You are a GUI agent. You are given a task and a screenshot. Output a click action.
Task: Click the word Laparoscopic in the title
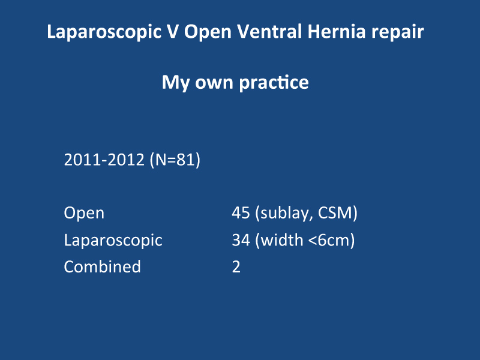pyautogui.click(x=104, y=32)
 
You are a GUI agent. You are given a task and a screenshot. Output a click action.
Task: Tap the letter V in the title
pyautogui.click(x=172, y=31)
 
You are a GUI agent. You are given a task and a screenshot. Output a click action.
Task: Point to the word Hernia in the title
pyautogui.click(x=337, y=31)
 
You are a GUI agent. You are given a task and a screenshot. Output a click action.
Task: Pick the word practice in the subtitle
pyautogui.click(x=274, y=83)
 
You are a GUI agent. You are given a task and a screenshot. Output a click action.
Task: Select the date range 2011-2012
pyautogui.click(x=104, y=160)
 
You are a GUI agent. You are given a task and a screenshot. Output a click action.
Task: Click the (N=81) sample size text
pyautogui.click(x=175, y=160)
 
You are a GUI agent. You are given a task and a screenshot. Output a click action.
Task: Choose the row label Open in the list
pyautogui.click(x=84, y=214)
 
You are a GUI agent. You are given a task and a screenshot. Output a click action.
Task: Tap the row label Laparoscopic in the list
pyautogui.click(x=113, y=241)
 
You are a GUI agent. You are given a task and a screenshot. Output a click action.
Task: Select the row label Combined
pyautogui.click(x=102, y=266)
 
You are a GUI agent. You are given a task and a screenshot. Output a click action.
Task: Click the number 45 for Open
pyautogui.click(x=241, y=213)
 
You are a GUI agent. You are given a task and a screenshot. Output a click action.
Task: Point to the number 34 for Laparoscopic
pyautogui.click(x=241, y=239)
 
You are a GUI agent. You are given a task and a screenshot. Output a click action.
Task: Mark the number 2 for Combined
pyautogui.click(x=236, y=266)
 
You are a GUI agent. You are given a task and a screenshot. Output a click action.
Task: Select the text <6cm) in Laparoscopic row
pyautogui.click(x=331, y=240)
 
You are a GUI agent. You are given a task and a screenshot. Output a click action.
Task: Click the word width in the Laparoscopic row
pyautogui.click(x=279, y=239)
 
